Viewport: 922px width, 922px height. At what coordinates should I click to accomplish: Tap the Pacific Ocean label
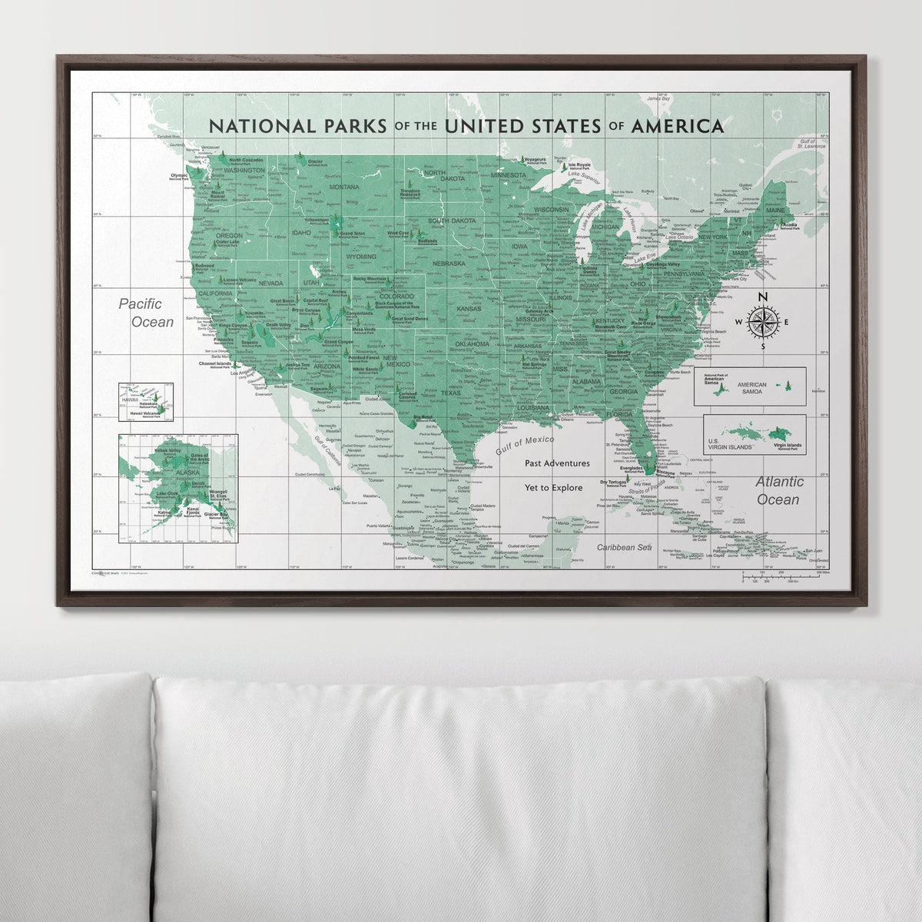pos(146,313)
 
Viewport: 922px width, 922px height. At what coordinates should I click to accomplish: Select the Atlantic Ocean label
pos(778,491)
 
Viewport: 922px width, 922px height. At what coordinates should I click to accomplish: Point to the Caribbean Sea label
pos(625,547)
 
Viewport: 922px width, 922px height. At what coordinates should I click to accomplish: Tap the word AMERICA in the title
pos(676,125)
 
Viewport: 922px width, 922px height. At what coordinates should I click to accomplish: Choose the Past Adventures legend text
pos(557,463)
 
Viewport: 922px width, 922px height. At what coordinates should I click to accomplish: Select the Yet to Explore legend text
pos(553,487)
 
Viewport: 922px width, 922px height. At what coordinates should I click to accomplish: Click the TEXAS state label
pos(450,393)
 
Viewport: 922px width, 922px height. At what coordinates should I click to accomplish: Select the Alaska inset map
pos(177,487)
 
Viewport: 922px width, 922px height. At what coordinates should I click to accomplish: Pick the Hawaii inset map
pos(145,402)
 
